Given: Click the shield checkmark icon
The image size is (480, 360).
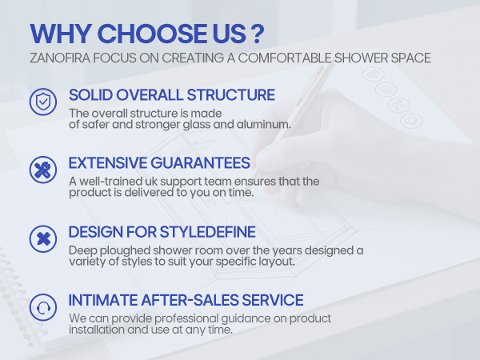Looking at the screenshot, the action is click(x=43, y=102).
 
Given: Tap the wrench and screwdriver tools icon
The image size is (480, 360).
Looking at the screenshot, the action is click(x=43, y=170).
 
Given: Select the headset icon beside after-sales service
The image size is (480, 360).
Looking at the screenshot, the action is click(x=43, y=307).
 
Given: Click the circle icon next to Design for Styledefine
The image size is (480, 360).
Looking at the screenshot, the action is click(x=43, y=238).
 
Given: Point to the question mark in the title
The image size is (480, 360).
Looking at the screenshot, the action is click(x=258, y=34).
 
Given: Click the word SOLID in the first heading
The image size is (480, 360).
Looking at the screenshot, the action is click(x=90, y=95).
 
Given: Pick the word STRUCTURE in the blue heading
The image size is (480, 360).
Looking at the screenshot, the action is click(x=231, y=95).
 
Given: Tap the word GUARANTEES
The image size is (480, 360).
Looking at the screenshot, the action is click(x=201, y=163).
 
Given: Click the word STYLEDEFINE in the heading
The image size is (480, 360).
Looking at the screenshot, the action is click(x=207, y=232).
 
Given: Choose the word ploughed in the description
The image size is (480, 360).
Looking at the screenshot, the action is click(x=125, y=250).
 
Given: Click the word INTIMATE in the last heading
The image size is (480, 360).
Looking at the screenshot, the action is click(x=103, y=300).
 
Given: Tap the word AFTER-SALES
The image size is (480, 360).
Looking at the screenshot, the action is click(x=190, y=300).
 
